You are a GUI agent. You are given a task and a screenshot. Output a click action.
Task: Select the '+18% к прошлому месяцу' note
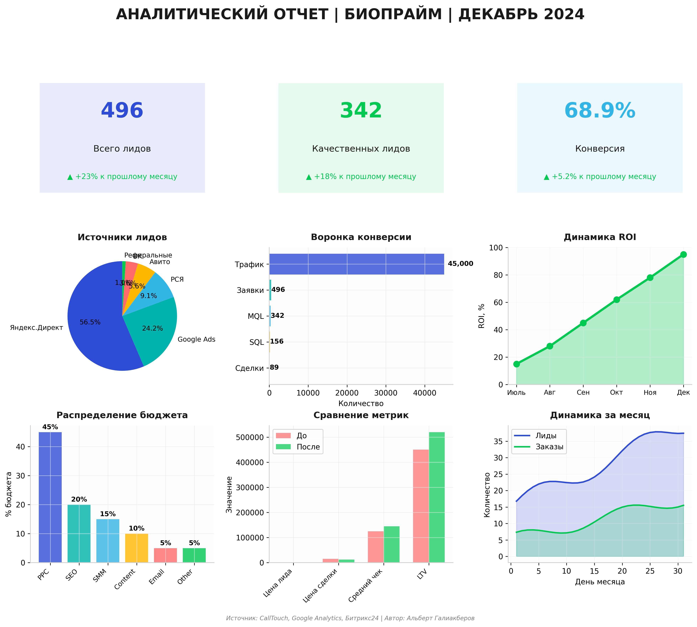(361, 177)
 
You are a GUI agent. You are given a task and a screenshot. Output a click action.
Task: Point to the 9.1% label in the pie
(149, 296)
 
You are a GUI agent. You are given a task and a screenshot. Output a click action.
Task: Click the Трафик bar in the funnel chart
(356, 264)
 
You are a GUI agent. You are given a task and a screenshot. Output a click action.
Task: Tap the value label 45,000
(460, 264)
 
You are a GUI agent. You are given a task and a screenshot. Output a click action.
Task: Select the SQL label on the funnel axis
(256, 342)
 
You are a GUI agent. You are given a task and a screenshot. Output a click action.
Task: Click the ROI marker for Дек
(683, 255)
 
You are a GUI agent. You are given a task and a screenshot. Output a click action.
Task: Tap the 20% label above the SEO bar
(79, 500)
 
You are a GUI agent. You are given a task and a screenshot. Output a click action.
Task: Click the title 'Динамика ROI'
(600, 237)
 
